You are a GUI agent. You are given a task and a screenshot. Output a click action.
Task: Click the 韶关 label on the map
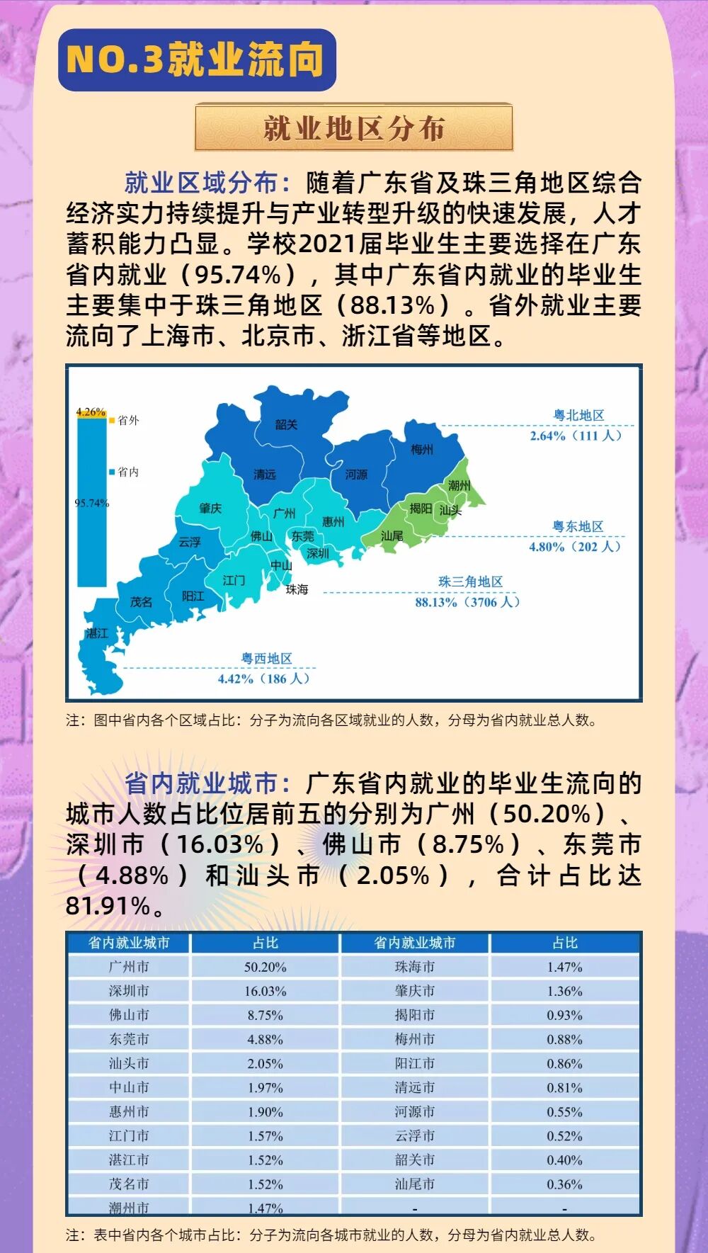click(286, 424)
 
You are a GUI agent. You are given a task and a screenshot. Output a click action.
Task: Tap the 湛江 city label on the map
click(97, 633)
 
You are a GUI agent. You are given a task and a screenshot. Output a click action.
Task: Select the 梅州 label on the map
click(422, 449)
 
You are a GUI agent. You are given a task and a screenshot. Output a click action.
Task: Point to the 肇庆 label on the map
click(210, 508)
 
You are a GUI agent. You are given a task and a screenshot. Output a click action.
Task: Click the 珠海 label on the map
click(297, 589)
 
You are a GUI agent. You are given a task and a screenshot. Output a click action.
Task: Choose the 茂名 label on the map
click(141, 601)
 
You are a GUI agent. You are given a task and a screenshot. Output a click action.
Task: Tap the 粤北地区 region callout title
click(578, 416)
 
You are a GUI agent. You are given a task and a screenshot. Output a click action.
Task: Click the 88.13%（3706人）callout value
click(468, 602)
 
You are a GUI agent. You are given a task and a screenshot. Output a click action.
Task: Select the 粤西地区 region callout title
click(266, 659)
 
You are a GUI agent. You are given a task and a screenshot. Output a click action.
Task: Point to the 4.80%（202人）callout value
click(575, 547)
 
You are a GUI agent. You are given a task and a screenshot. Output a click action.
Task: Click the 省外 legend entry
click(127, 420)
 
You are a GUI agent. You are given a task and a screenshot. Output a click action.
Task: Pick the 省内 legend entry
click(127, 472)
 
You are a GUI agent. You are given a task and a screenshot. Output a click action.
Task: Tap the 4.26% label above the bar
click(91, 412)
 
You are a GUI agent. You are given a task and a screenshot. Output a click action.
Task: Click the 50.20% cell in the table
click(265, 967)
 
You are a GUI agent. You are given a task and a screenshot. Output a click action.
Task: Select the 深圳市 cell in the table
click(129, 991)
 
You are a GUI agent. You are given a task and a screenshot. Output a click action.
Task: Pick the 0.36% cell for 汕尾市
click(564, 1184)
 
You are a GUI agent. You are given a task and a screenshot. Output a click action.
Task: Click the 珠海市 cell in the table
click(415, 967)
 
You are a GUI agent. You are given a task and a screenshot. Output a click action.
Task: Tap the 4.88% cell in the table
click(265, 1039)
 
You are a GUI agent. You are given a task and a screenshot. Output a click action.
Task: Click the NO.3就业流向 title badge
click(196, 60)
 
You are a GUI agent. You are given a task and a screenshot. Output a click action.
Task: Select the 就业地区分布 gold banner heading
click(353, 127)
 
